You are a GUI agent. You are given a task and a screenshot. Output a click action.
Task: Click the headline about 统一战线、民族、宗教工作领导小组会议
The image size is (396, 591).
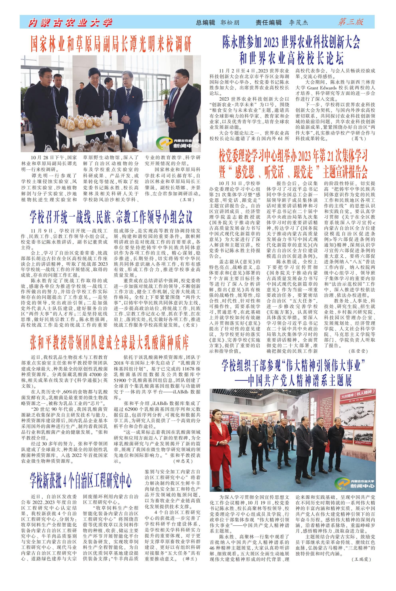111,217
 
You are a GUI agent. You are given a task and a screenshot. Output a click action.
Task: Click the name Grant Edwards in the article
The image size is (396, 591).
322,88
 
